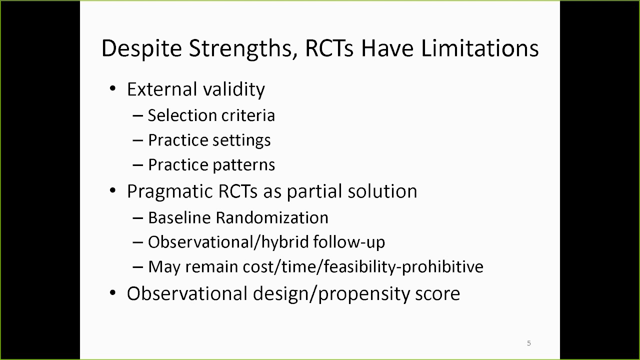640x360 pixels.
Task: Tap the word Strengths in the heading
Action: coord(238,48)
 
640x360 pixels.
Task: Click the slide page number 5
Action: coord(529,343)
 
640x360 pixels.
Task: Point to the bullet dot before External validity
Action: coord(113,89)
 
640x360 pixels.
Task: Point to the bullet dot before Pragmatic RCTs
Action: coord(113,191)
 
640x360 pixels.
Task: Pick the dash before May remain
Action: coord(138,267)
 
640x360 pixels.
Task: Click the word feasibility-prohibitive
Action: coord(403,267)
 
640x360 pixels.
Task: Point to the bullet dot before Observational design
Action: coord(113,293)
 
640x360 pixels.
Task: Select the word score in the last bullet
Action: coord(437,293)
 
